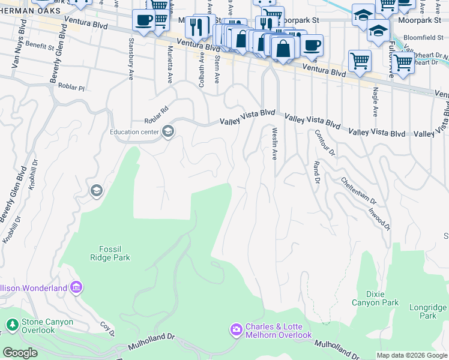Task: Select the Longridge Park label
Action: [428, 311]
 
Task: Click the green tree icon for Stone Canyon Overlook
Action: [12, 325]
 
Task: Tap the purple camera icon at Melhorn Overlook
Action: [236, 329]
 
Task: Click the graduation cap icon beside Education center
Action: [168, 132]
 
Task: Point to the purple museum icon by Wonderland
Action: [76, 288]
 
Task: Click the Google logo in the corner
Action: [20, 353]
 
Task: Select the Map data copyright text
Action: [412, 355]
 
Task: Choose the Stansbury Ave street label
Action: [130, 59]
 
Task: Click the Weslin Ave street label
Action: [274, 144]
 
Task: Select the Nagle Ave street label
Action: [375, 101]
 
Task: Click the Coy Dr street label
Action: [107, 329]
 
